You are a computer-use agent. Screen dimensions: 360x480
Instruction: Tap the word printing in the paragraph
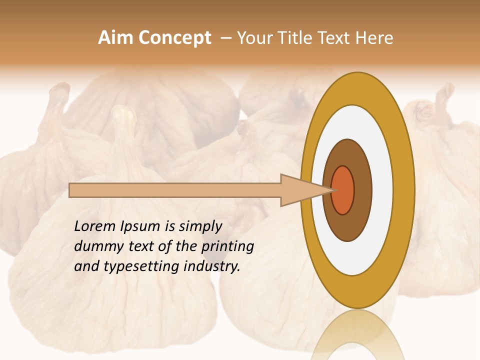point(227,246)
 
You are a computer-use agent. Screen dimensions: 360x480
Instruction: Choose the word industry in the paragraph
point(212,266)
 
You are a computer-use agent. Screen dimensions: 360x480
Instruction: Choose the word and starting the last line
point(86,266)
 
